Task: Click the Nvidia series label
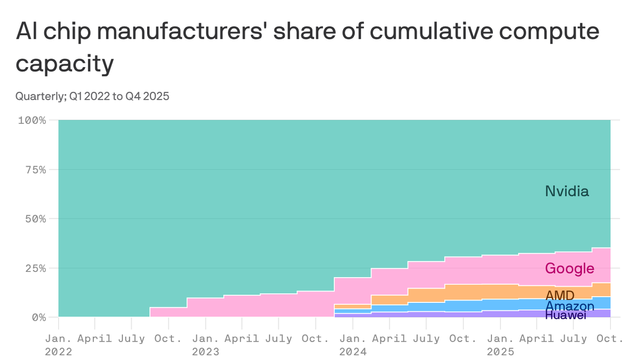566,191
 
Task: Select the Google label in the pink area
569,269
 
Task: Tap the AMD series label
560,295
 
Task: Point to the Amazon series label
570,306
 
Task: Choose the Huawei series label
566,315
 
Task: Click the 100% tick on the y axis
32,120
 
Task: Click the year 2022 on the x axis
59,352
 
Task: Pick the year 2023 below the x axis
206,352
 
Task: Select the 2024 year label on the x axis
353,352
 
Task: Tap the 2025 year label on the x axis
500,352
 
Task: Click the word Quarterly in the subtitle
41,97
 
